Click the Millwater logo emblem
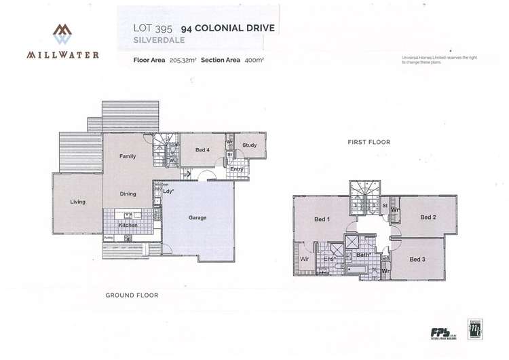(62, 34)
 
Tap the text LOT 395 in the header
(153, 29)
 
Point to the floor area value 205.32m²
(183, 60)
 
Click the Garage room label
(197, 218)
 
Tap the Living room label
(77, 202)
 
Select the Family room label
(128, 156)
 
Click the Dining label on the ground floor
(128, 194)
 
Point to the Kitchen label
(128, 225)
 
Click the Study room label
(249, 145)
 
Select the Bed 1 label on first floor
(322, 219)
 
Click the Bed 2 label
(427, 217)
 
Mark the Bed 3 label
(417, 259)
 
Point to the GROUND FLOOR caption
(132, 295)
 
